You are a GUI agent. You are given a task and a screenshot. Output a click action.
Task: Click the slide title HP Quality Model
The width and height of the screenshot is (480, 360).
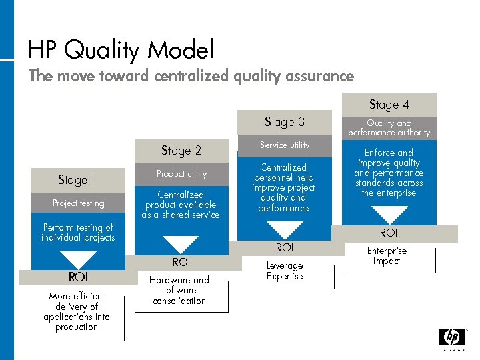(121, 50)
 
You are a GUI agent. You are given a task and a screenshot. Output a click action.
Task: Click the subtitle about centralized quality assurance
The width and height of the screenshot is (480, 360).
(191, 76)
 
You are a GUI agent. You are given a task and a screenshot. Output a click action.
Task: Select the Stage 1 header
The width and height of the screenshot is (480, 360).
(78, 180)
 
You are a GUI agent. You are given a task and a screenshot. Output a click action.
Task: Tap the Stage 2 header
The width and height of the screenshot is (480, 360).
(181, 151)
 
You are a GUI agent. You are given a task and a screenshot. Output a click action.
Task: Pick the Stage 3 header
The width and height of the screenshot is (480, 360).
(285, 122)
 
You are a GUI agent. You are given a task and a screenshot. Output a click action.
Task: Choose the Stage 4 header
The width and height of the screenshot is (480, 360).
(389, 105)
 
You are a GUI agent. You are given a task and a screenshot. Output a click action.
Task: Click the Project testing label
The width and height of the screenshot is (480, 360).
(78, 203)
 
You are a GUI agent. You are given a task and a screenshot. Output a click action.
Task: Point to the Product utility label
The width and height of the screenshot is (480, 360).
(181, 173)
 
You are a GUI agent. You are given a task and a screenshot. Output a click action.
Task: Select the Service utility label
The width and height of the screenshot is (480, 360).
(285, 145)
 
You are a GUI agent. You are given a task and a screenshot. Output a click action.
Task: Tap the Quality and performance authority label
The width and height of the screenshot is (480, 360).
(389, 127)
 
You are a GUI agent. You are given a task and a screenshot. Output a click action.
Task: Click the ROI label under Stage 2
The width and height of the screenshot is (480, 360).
(181, 263)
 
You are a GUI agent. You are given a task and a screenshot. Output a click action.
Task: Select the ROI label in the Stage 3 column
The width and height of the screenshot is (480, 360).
(285, 247)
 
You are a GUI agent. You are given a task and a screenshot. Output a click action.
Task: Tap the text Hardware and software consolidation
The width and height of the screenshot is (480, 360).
(179, 290)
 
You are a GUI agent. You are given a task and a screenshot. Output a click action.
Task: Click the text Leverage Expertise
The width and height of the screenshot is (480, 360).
(285, 271)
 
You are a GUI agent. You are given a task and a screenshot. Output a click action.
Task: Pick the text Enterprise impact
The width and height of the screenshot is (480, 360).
(387, 256)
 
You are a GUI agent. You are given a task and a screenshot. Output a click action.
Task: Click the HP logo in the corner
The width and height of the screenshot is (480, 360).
(451, 338)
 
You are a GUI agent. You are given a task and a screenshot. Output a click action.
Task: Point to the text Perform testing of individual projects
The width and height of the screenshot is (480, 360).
(78, 232)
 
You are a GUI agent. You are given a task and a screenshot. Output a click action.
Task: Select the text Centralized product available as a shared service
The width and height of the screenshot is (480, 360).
(181, 205)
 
